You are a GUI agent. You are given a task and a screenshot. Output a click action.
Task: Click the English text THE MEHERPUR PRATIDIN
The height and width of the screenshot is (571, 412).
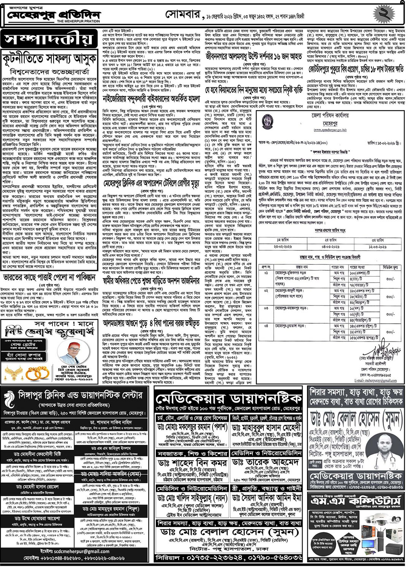pos(78,22)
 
